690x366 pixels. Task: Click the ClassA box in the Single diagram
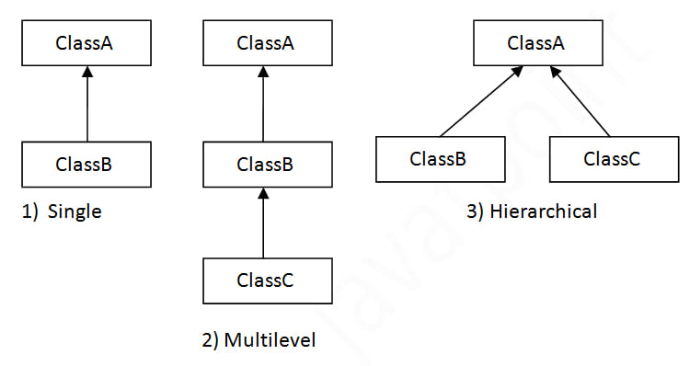click(85, 43)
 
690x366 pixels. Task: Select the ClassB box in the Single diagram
click(85, 165)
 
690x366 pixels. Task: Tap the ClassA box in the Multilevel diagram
click(265, 43)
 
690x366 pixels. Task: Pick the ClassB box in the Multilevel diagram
click(265, 165)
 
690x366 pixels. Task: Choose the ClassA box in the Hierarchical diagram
click(536, 43)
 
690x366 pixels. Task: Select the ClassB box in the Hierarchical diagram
click(439, 158)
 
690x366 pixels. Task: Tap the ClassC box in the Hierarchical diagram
click(612, 158)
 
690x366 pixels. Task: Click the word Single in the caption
click(76, 212)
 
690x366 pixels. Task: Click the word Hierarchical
click(544, 212)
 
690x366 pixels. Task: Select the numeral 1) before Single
click(29, 212)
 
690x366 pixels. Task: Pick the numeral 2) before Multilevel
click(211, 341)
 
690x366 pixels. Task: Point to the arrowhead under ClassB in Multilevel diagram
click(265, 193)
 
